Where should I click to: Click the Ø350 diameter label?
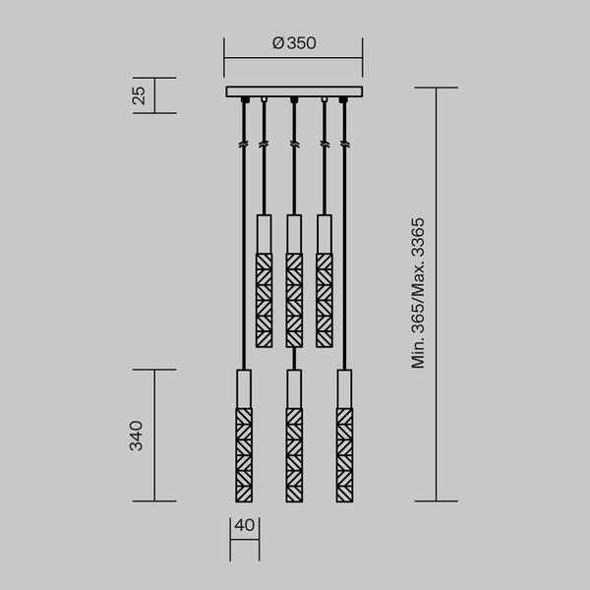(x=293, y=43)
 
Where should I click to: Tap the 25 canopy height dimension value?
(x=140, y=95)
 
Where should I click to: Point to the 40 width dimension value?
(x=245, y=525)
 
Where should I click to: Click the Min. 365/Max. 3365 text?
(x=418, y=293)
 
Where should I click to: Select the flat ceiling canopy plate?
(x=293, y=92)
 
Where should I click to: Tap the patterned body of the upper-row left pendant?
(x=264, y=300)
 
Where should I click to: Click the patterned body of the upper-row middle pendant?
(x=293, y=300)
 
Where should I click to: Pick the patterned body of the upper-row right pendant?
(x=324, y=300)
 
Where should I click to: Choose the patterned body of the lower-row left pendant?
(x=244, y=453)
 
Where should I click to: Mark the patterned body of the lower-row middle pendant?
(x=293, y=453)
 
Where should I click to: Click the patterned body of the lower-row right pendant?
(x=343, y=453)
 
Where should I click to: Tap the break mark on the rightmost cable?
(x=343, y=146)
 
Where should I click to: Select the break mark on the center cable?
(x=293, y=146)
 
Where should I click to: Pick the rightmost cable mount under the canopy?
(x=343, y=100)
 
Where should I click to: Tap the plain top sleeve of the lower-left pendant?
(x=244, y=386)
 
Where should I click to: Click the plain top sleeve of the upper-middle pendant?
(x=293, y=233)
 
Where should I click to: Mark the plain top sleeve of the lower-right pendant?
(x=343, y=386)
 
